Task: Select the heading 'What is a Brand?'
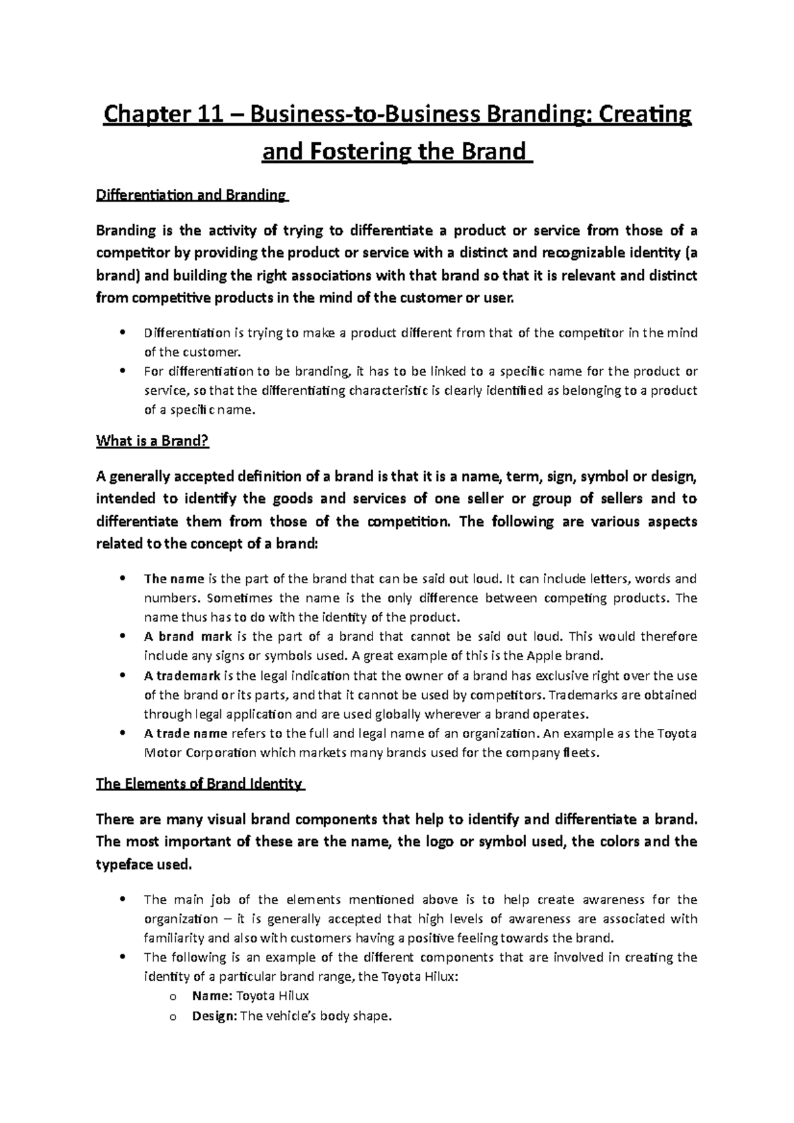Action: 152,441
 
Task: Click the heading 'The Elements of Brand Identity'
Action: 198,784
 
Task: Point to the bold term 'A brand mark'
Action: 187,637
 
